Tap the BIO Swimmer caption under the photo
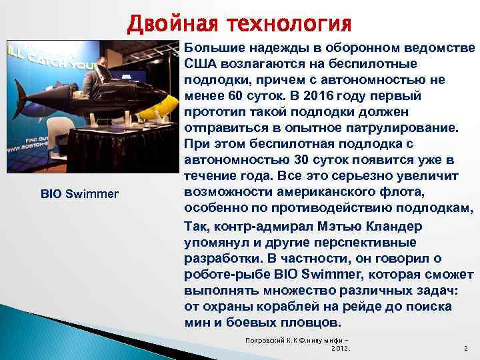(79, 194)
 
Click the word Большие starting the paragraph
(213, 47)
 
